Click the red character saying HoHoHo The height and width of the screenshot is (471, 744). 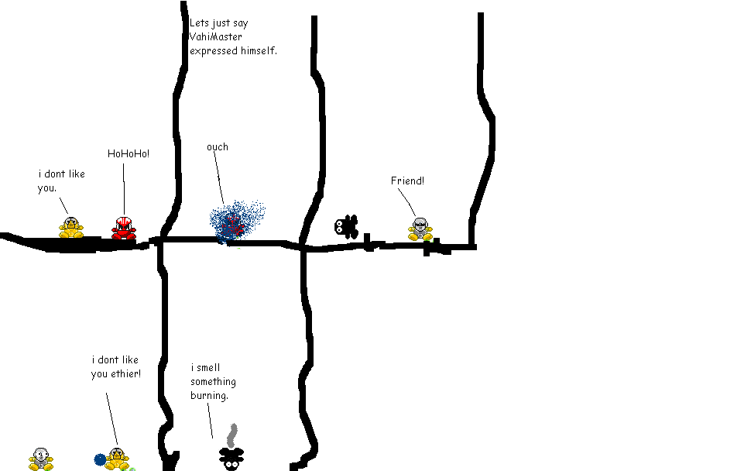point(123,228)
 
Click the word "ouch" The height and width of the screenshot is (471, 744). point(218,147)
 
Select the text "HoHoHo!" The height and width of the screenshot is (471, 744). point(129,153)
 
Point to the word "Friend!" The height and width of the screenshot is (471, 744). point(407,180)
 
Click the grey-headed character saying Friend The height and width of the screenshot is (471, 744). point(420,229)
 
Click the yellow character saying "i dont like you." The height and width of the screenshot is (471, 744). point(71,227)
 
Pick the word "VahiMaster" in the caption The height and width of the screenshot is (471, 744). point(216,36)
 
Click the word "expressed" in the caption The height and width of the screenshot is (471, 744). point(213,50)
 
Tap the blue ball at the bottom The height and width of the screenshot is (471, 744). point(100,459)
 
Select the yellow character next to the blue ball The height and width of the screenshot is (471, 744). point(117,459)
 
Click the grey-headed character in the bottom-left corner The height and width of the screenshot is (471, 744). point(41,459)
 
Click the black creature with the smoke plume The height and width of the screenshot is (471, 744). point(230,458)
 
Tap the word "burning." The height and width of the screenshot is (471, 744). point(210,396)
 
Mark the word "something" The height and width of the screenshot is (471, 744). point(214,382)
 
